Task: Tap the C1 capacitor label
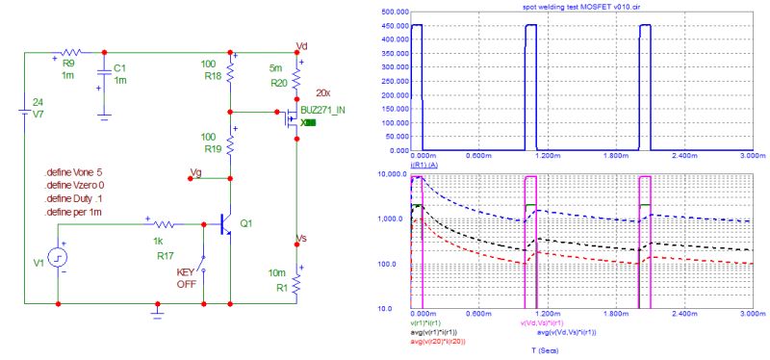[118, 68]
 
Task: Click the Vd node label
[301, 45]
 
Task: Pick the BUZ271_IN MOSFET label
[322, 112]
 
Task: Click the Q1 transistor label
[246, 223]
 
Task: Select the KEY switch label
[185, 273]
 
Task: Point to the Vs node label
[301, 239]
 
